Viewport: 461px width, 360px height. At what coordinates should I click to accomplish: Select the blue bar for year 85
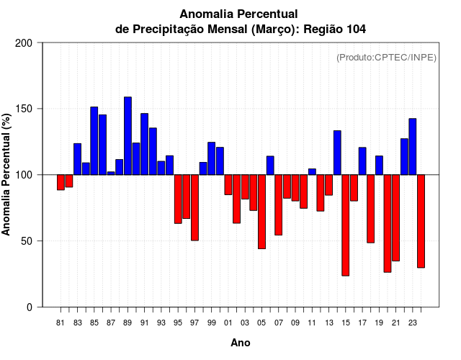click(94, 140)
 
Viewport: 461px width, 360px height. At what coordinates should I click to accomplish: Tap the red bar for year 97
click(194, 207)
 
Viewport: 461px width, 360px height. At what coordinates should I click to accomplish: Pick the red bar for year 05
click(261, 212)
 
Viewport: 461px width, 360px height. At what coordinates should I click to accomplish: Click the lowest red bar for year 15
click(346, 225)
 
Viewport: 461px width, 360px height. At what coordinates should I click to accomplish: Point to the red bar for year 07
click(279, 204)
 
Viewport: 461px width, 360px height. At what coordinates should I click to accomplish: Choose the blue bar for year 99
click(212, 158)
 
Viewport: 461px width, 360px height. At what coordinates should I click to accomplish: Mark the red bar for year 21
click(395, 217)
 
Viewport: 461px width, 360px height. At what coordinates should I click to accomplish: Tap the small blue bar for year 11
click(312, 171)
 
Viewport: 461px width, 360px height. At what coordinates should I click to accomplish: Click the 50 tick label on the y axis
click(28, 241)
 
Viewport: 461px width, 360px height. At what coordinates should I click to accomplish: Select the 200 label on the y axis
click(25, 43)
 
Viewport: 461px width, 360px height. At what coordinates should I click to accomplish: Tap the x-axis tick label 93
click(161, 323)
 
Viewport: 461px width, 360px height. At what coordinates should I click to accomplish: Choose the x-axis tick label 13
click(328, 323)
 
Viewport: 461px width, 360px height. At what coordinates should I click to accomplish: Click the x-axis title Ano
click(241, 343)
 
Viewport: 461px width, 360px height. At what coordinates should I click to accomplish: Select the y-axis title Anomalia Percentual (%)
click(6, 174)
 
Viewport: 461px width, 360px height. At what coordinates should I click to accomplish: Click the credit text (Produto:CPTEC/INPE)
click(386, 58)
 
